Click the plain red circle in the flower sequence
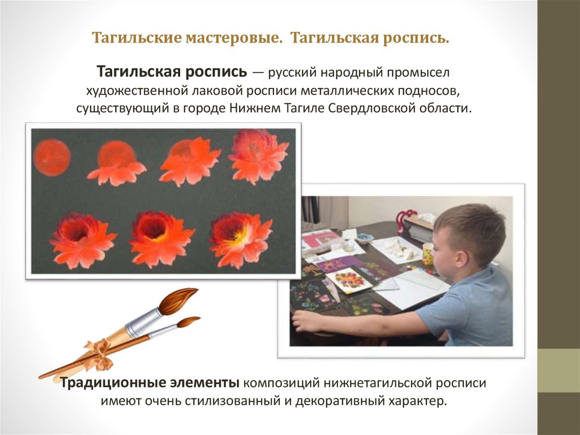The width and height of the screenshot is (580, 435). [x=52, y=157]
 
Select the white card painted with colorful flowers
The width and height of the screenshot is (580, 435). [x=348, y=279]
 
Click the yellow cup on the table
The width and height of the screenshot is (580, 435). [x=428, y=254]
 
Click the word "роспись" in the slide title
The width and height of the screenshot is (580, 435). [x=417, y=39]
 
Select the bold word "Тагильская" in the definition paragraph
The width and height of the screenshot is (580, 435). [x=138, y=72]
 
